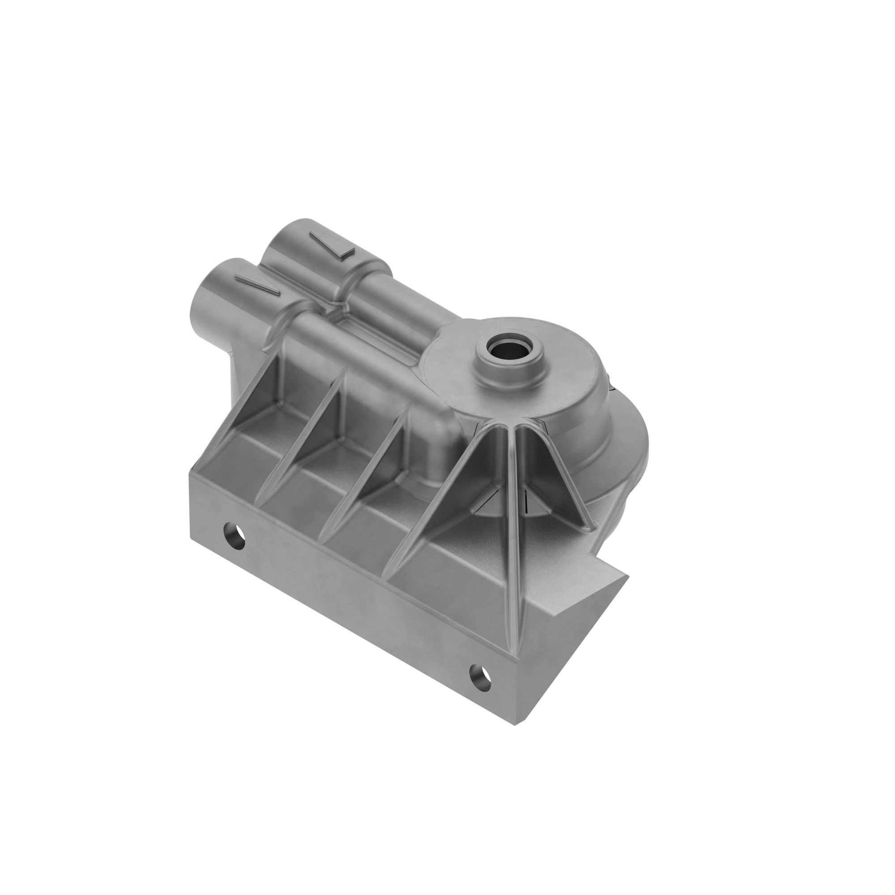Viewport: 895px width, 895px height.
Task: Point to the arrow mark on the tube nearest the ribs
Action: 258,283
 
